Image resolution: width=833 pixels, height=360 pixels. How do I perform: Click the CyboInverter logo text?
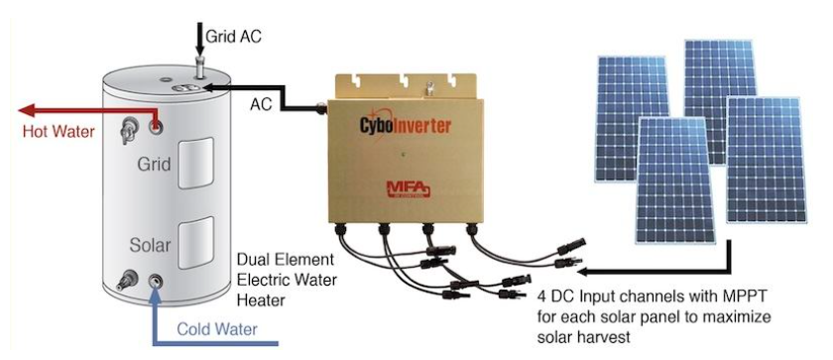click(402, 126)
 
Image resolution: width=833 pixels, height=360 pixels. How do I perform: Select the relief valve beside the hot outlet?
click(128, 127)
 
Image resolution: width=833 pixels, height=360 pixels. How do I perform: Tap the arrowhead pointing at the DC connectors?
click(582, 270)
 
